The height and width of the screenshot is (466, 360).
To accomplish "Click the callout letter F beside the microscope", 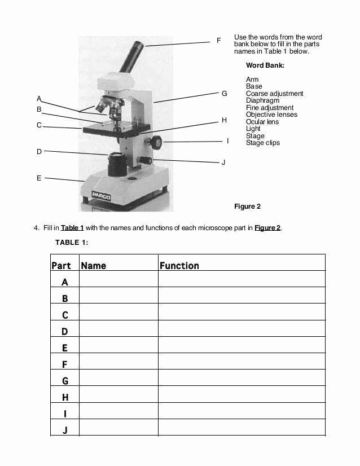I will [218, 41].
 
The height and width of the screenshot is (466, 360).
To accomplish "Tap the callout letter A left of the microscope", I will [39, 98].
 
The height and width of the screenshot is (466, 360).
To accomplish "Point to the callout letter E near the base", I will [39, 178].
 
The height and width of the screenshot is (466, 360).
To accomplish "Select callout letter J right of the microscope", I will [223, 162].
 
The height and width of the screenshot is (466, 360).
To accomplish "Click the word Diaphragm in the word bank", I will [262, 100].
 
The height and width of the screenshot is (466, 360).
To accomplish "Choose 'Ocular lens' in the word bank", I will [262, 122].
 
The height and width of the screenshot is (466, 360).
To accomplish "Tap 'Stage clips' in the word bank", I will [263, 143].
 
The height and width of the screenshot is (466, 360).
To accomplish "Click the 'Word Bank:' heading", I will [265, 65].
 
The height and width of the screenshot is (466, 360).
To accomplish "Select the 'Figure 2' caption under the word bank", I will [247, 206].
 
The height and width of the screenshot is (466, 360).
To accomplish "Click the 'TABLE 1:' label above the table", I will [72, 243].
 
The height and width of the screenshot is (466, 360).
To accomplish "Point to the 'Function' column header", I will [179, 266].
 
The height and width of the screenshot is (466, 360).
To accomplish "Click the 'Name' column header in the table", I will [93, 266].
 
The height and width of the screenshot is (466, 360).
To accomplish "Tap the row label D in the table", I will [65, 332].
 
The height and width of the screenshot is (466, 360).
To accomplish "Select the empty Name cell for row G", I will [118, 381].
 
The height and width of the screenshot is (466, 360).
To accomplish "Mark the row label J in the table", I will [65, 430].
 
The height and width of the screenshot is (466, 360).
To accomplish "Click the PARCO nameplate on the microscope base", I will [101, 196].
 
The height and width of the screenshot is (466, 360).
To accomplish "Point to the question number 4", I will [37, 228].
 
